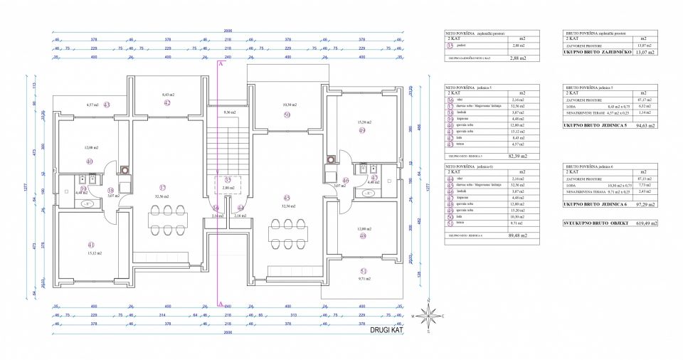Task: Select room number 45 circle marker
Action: point(287,198)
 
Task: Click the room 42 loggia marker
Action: point(166,103)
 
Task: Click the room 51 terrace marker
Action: point(363,271)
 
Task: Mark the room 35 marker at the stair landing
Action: point(228,180)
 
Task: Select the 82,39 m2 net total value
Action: point(517,155)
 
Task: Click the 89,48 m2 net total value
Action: point(517,235)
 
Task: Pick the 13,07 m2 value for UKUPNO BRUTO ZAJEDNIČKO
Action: point(645,52)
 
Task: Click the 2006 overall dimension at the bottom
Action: point(228,332)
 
